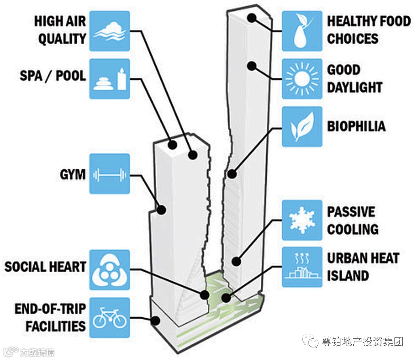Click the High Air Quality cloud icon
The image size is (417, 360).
coord(110,31)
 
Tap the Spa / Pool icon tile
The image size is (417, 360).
coord(110,79)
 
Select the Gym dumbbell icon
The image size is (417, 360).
coord(110,174)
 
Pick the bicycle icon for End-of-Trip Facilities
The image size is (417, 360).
coord(110,318)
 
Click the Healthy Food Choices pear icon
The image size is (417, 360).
coord(302,31)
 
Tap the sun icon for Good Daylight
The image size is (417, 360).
coord(302,79)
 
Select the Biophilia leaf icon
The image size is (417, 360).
coord(302,127)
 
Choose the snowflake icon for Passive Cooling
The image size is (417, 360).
coord(302,220)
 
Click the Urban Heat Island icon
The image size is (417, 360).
coord(302,267)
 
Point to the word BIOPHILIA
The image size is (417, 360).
coord(356,127)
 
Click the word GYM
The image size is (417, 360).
coord(73,174)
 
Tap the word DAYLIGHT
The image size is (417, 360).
coord(354,87)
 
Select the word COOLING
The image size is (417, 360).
coord(353,229)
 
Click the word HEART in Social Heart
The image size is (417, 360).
coord(66,267)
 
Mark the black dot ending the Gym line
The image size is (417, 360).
coord(161,210)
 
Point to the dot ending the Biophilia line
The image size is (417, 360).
coord(232,173)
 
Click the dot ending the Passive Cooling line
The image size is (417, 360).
coord(236,261)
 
